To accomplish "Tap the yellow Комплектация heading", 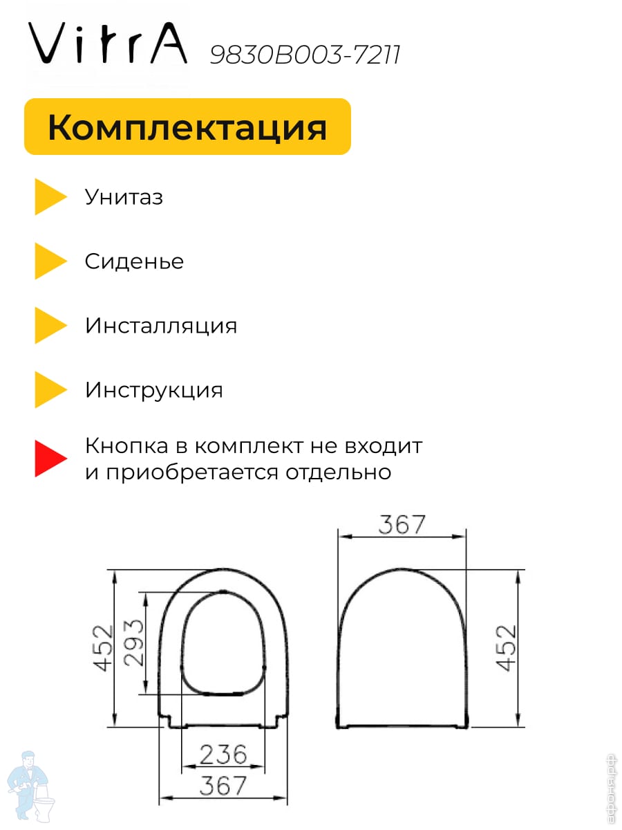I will [187, 127].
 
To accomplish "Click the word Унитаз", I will [124, 197].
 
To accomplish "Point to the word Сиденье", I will [134, 261].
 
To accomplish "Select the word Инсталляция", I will [161, 326].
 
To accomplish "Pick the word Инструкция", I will [153, 390].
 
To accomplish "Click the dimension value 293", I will [134, 642].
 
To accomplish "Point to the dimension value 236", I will [223, 755].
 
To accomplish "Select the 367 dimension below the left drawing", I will [223, 786].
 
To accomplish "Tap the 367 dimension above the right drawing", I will [402, 524].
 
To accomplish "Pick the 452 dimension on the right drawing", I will [507, 647].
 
